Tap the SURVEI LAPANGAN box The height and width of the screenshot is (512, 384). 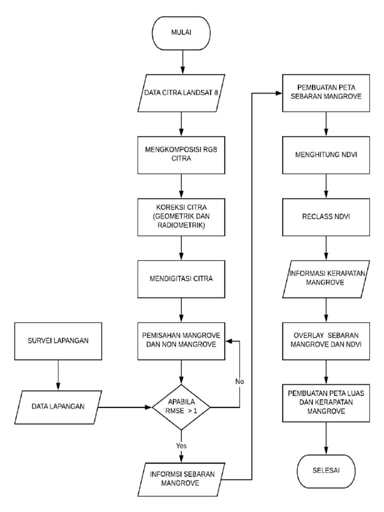pos(58,341)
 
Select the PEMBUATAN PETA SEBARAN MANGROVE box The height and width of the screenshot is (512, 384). pos(326,94)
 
